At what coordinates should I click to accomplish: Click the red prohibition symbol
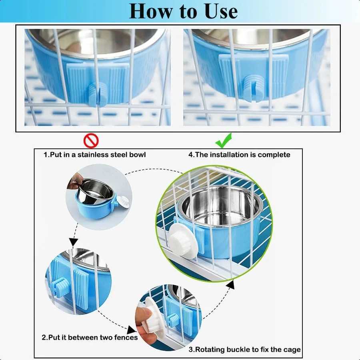click(x=91, y=140)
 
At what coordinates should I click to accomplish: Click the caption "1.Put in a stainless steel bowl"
click(x=94, y=155)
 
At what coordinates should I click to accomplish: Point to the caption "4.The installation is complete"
click(x=239, y=155)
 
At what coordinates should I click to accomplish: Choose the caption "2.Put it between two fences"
click(x=90, y=338)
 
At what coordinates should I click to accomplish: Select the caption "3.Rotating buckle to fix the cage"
click(x=244, y=350)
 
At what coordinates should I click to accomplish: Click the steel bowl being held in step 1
click(x=95, y=191)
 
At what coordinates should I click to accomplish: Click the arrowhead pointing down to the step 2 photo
click(x=73, y=242)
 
